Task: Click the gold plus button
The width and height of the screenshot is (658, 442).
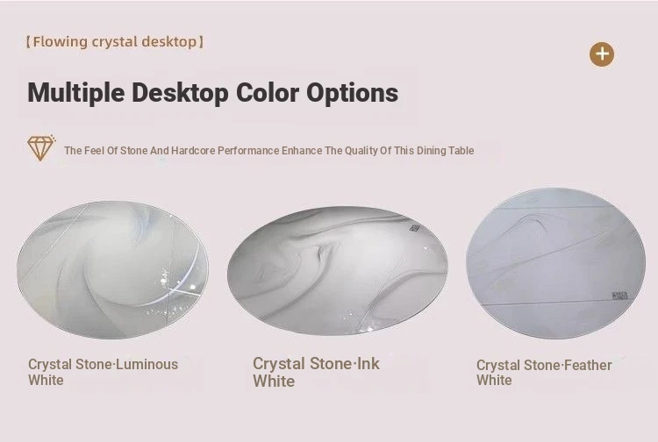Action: [602, 54]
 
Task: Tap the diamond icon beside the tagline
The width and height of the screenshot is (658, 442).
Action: [41, 147]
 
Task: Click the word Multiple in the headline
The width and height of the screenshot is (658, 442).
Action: [76, 93]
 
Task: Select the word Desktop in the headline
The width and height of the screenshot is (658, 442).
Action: [180, 93]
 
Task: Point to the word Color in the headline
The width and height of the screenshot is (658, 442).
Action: [268, 92]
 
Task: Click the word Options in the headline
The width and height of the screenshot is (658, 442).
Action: [352, 93]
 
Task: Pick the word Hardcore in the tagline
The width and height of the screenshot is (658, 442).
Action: [193, 151]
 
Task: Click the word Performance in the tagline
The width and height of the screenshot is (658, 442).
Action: [248, 151]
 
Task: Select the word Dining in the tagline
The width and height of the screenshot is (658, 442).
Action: [431, 151]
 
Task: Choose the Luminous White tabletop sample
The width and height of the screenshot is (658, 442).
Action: [112, 269]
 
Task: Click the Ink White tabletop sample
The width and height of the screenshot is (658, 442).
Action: [338, 270]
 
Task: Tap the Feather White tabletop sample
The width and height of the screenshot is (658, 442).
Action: [555, 263]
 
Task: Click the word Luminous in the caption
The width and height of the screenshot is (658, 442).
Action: [147, 365]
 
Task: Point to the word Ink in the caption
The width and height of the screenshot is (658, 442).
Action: [368, 363]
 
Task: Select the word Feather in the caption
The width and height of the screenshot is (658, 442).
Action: [588, 365]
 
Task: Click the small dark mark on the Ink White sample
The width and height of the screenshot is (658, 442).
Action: [415, 228]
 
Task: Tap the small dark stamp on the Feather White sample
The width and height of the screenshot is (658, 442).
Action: [619, 296]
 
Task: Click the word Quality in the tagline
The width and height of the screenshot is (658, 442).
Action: [361, 151]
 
